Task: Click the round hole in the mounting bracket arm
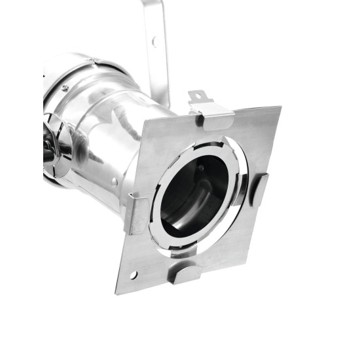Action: [154, 41]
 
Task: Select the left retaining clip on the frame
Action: [137, 214]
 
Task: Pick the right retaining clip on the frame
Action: [257, 190]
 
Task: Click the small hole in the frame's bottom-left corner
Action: [134, 275]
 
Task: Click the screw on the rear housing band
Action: [65, 88]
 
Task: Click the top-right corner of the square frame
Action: [279, 108]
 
